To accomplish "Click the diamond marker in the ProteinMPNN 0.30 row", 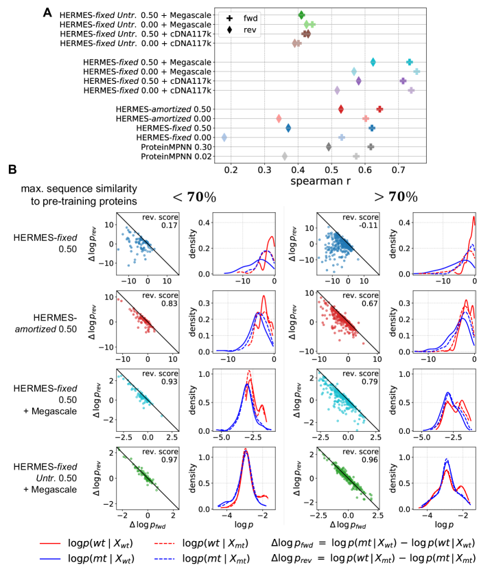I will pos(329,146).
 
